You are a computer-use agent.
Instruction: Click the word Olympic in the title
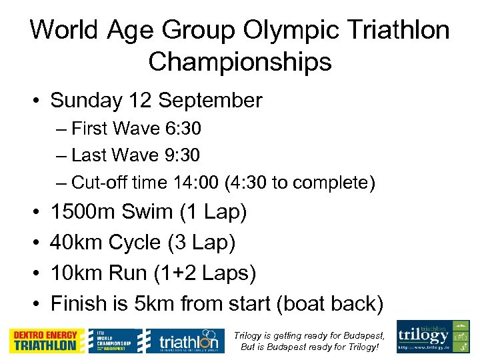(x=290, y=30)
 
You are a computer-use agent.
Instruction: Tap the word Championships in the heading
(x=240, y=62)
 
